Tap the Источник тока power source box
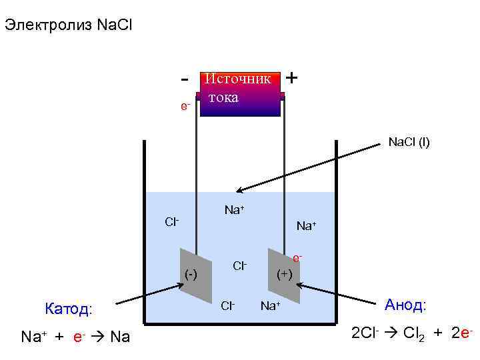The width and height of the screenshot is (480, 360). [x=240, y=93]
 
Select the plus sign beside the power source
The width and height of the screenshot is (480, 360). [x=291, y=77]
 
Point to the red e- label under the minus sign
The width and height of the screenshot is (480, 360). [x=186, y=106]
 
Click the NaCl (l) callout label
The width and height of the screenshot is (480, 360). [x=409, y=142]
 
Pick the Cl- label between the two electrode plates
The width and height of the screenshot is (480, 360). [x=240, y=266]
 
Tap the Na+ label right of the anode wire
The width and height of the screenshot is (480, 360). [x=307, y=226]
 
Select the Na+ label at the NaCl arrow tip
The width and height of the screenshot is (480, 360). [x=234, y=210]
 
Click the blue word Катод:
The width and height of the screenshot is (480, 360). [x=69, y=309]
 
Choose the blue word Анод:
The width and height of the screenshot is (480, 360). [x=405, y=305]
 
